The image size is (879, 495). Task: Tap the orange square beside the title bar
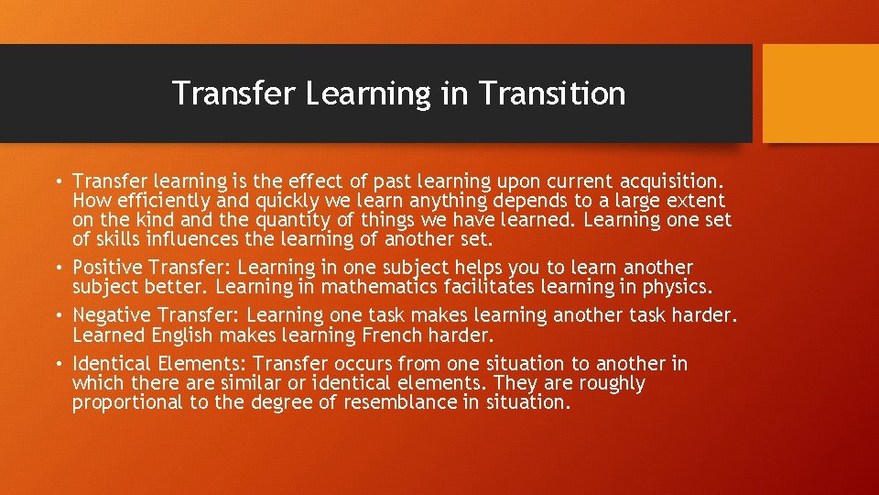click(820, 93)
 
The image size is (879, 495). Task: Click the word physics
click(675, 287)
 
